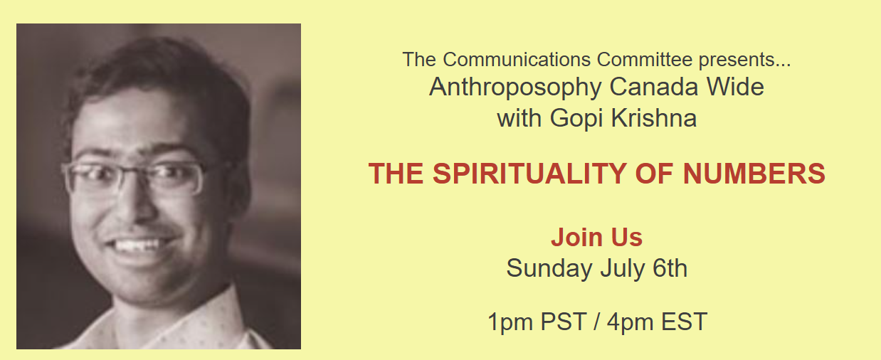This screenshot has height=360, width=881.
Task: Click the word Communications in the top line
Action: (x=517, y=60)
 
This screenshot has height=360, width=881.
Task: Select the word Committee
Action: (x=645, y=60)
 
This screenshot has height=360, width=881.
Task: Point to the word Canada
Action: (x=654, y=87)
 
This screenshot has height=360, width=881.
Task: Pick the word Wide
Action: (x=736, y=87)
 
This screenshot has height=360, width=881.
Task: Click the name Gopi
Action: (x=576, y=119)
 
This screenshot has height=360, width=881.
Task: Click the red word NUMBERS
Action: (x=754, y=174)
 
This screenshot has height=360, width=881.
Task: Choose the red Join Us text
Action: (x=596, y=238)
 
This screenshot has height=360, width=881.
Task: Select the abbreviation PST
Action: (x=564, y=322)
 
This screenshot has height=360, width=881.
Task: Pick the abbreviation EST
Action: (x=685, y=322)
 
